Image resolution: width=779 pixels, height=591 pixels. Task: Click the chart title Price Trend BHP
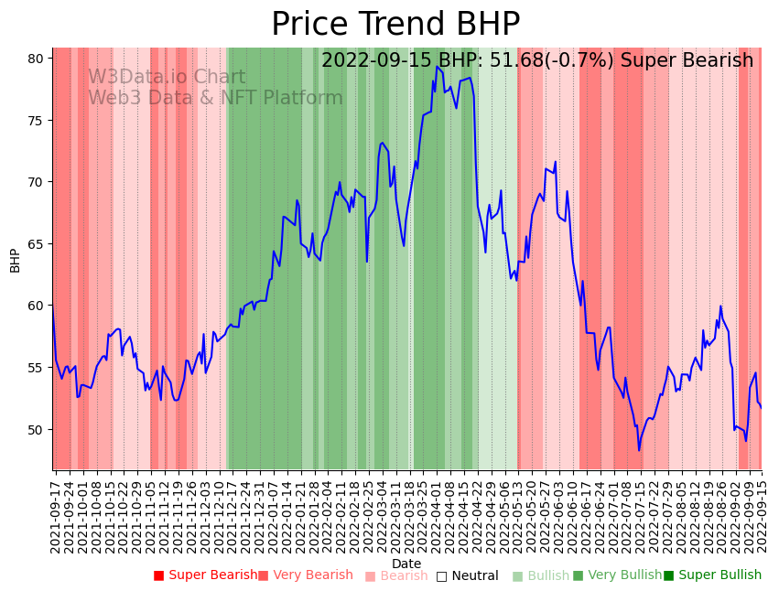395,25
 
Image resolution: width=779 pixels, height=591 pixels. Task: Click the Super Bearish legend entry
205,575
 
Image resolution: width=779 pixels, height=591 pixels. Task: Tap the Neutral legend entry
467,575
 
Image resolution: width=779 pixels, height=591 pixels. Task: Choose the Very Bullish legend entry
617,575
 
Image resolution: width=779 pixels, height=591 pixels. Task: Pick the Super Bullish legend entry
712,575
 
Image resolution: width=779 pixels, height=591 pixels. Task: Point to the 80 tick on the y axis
36,59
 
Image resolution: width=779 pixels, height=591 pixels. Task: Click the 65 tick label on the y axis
36,244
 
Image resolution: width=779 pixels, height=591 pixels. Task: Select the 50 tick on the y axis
36,430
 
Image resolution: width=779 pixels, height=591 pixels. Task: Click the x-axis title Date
406,564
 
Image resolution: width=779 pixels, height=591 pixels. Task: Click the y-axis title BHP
15,260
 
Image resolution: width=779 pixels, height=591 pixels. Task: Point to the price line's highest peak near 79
437,67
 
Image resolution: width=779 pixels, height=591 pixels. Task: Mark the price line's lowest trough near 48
639,450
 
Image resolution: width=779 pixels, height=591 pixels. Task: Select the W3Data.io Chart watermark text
167,78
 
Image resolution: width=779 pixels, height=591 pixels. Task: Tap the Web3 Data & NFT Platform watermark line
215,99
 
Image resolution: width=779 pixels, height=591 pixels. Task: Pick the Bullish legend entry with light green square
540,575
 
